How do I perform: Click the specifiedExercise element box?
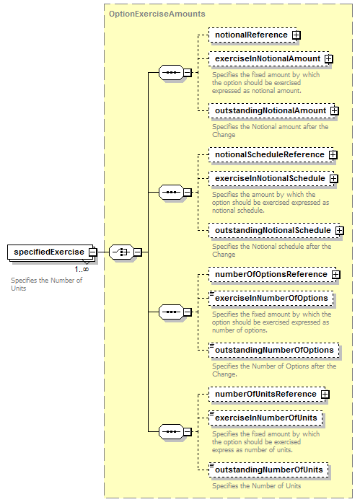51,252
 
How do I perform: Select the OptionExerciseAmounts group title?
157,14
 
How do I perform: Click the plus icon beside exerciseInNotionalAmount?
328,59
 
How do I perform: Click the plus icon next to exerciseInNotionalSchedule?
334,179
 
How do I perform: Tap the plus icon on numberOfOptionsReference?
335,275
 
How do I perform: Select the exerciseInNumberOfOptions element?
271,299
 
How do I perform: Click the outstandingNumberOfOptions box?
274,351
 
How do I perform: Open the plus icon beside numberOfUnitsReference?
325,395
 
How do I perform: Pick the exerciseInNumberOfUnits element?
265,418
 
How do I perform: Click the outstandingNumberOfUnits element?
268,470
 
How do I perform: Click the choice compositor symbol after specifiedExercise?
121,252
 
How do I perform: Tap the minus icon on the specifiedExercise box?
92,252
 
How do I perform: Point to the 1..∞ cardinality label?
82,269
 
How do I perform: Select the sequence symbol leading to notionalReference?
172,72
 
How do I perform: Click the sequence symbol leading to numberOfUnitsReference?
172,431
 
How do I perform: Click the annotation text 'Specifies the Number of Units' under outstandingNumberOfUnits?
257,486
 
